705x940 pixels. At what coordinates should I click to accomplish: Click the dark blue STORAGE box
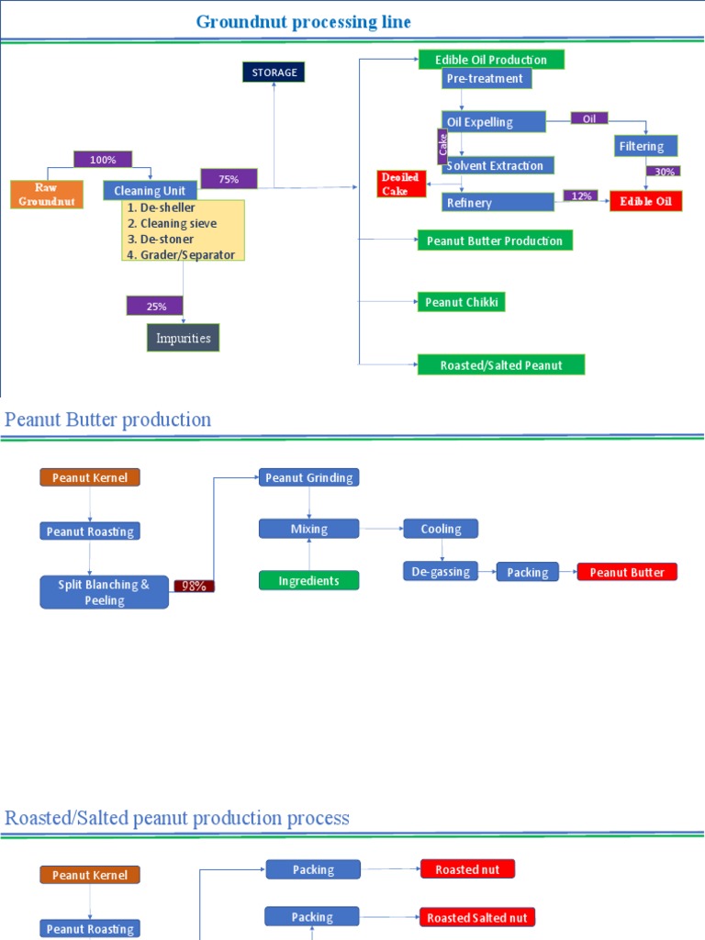point(273,72)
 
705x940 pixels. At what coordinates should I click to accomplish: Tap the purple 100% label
point(103,159)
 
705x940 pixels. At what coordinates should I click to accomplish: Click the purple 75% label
point(228,179)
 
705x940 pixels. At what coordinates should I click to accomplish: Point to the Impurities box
point(184,338)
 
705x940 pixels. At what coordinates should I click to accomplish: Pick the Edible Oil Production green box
point(491,60)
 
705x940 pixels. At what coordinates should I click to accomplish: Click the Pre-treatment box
point(486,79)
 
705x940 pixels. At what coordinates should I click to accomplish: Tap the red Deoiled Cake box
point(401,184)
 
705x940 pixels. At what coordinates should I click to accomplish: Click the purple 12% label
point(581,196)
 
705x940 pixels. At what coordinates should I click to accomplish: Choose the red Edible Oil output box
point(645,202)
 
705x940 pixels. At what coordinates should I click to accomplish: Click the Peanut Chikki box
point(461,301)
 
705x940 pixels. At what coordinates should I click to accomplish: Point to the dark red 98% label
point(194,586)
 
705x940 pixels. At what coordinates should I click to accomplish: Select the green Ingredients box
point(308,580)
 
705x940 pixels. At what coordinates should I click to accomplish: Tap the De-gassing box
point(441,572)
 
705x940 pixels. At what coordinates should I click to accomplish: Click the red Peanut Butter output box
point(627,572)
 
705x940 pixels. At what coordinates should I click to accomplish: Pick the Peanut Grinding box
point(308,477)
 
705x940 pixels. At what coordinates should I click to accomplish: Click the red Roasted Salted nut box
point(477,917)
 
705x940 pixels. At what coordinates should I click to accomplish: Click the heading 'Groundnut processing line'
point(304,21)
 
